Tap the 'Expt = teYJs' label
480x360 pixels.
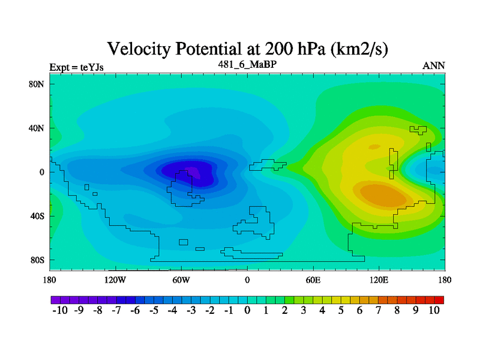(x=77, y=67)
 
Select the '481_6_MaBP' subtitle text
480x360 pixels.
(x=247, y=64)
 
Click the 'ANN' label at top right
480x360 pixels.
(x=434, y=66)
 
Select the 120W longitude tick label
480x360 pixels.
(x=115, y=280)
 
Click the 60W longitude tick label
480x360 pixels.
(x=181, y=280)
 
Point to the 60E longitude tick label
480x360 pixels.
(x=313, y=280)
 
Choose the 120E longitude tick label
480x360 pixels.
(x=379, y=280)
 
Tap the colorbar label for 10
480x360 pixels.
(x=434, y=311)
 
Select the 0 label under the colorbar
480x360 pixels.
(x=247, y=311)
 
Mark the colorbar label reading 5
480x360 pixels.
(x=341, y=311)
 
